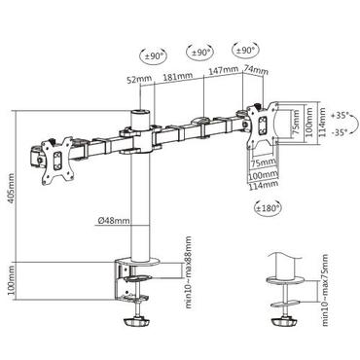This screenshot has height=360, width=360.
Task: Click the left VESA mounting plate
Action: pyautogui.click(x=55, y=159)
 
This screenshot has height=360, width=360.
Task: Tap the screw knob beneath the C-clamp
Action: pyautogui.click(x=137, y=318)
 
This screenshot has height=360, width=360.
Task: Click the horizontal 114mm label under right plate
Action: pyautogui.click(x=258, y=182)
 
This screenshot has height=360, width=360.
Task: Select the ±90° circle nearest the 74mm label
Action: pyautogui.click(x=245, y=48)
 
